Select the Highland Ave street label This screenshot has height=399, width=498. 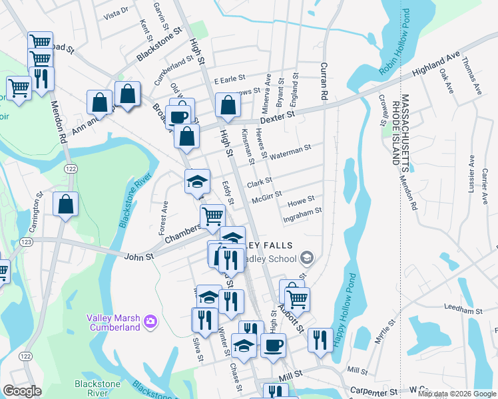click(x=437, y=65)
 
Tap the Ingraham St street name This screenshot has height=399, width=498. click(x=302, y=211)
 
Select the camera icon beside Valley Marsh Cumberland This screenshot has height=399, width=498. click(x=151, y=322)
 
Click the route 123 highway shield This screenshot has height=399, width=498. click(x=27, y=241)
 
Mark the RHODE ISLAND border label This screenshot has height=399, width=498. click(x=395, y=133)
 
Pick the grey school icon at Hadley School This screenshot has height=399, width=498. click(x=306, y=257)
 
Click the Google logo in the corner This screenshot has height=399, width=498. click(x=21, y=391)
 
